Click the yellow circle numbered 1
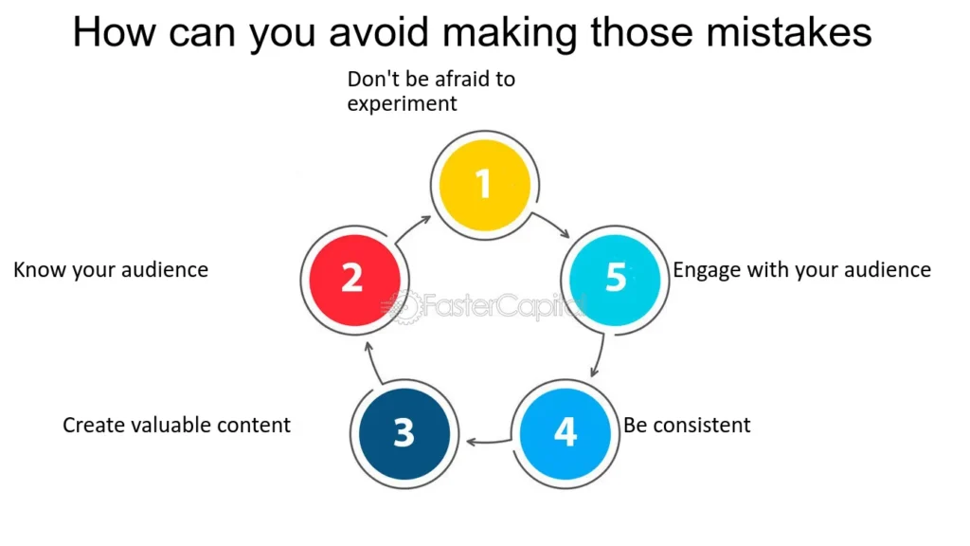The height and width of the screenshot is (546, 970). (484, 184)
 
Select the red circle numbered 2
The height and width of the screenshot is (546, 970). (351, 279)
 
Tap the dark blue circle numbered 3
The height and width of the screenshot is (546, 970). (404, 432)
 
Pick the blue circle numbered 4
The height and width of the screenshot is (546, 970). (565, 432)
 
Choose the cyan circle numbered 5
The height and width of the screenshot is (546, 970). (616, 279)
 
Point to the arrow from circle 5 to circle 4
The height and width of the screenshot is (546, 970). (597, 356)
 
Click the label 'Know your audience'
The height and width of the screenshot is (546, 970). (111, 270)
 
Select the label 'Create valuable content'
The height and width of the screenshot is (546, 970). (176, 425)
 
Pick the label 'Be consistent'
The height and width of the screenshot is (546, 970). (687, 425)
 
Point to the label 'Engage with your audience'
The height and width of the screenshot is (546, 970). (801, 270)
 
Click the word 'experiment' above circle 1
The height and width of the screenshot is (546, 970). (402, 104)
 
